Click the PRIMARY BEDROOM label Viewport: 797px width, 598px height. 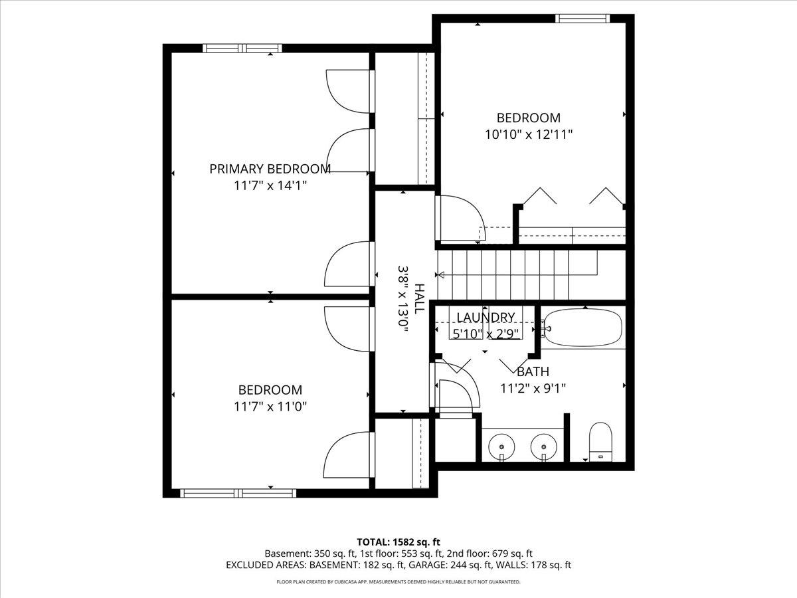coord(270,169)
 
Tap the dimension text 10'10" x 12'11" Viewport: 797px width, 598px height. coord(528,134)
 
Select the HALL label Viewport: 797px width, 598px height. coord(419,298)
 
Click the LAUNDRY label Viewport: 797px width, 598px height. coord(485,317)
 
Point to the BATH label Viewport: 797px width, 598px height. coord(533,372)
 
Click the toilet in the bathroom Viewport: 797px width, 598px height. coord(600,441)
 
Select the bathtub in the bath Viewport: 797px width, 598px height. coord(583,327)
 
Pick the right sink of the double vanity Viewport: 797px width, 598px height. coord(543,446)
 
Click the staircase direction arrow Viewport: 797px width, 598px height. coord(440,275)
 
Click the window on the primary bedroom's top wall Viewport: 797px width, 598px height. coord(237,48)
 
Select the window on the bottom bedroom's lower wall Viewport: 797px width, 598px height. coord(238,493)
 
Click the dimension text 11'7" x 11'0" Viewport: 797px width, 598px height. coord(270,407)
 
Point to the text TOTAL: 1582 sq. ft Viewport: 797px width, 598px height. coord(398,542)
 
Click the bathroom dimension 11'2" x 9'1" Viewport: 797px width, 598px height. coord(533,388)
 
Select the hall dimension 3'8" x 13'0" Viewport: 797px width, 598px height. coord(403,298)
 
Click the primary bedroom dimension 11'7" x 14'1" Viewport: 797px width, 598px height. coord(270,185)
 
